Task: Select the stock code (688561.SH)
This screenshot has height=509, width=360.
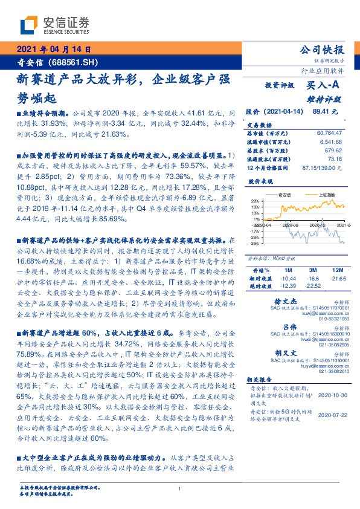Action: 74,63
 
